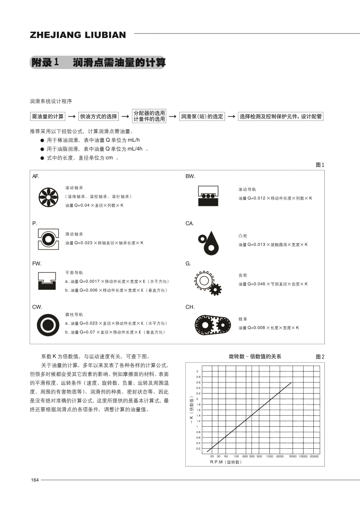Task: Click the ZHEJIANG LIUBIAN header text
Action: [x=78, y=35]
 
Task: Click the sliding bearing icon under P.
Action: [x=48, y=239]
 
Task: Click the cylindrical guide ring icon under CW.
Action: [x=48, y=325]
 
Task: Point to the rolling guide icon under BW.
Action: [x=208, y=196]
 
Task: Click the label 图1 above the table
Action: [x=320, y=165]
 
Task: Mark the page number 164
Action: [x=35, y=480]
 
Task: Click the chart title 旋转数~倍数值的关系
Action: [x=255, y=357]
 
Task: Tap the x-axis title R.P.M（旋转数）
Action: [x=226, y=462]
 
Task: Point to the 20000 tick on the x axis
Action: [x=314, y=456]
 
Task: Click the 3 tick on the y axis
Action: [x=197, y=372]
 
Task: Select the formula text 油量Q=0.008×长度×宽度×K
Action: [x=268, y=328]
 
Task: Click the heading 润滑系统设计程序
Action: [x=51, y=102]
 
